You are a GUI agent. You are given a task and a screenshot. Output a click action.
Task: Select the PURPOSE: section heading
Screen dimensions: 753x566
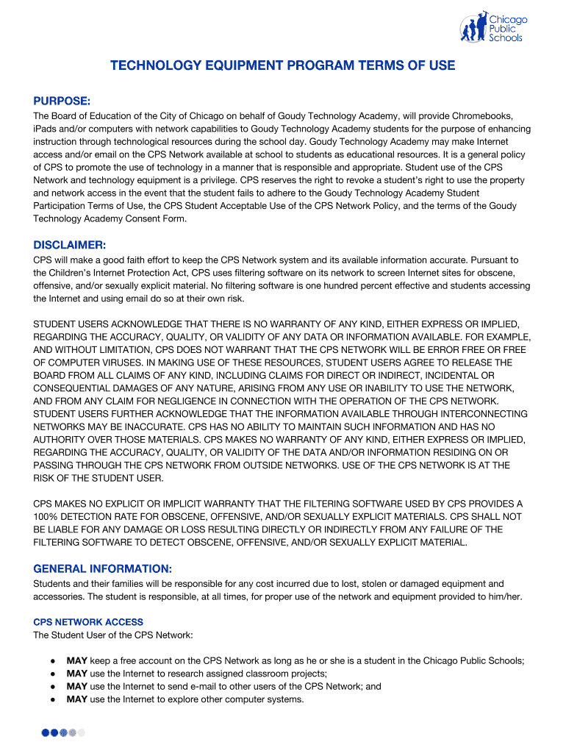(62, 100)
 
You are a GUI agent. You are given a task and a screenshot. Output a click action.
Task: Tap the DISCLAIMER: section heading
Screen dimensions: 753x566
(70, 244)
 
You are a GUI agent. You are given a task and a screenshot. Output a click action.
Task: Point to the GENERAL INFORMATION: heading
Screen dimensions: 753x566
(103, 568)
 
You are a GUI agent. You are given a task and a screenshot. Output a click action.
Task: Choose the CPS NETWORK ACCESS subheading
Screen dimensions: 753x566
(88, 622)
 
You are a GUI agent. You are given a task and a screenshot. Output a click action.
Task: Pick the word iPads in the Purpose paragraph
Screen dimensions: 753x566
(46, 129)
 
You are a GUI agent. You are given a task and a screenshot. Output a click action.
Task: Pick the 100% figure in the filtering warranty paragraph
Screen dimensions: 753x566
(46, 516)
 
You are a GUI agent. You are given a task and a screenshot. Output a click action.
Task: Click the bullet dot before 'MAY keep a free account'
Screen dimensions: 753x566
(53, 661)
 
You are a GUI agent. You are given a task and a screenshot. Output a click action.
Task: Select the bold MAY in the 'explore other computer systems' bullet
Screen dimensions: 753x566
(76, 699)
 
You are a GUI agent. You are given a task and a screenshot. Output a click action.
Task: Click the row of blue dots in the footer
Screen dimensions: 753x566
(63, 732)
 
